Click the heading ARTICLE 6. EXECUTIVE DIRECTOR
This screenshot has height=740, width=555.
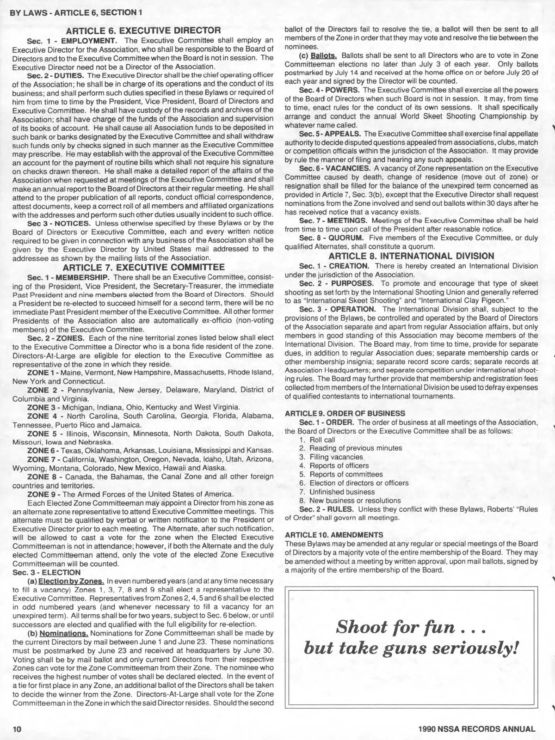pos(143,31)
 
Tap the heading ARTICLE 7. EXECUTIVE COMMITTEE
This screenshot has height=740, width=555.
pos(143,268)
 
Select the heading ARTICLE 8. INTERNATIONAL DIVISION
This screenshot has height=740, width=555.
pos(412,256)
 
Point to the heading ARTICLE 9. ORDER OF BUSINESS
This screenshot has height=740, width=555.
pos(345,413)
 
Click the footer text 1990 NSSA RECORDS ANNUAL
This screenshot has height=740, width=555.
pos(476,729)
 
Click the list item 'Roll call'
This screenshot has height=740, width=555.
pos(322,440)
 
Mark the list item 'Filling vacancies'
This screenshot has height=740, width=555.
pos(336,457)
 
